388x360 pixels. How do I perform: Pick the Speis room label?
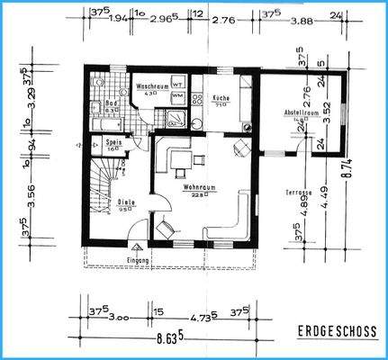114,142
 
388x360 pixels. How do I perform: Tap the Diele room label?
126,203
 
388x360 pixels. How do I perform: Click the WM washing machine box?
177,95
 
